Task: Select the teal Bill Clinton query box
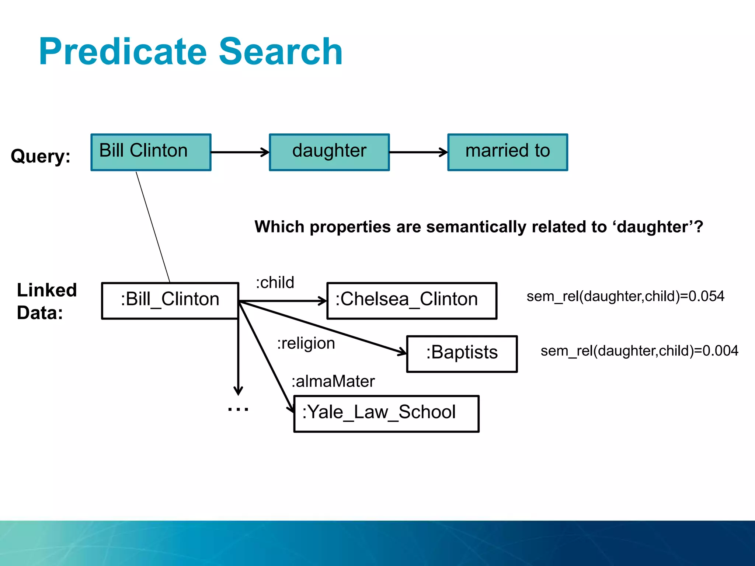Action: pyautogui.click(x=151, y=152)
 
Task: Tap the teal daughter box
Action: pyautogui.click(x=329, y=152)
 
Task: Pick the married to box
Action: pyautogui.click(x=508, y=152)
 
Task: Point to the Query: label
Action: pyautogui.click(x=41, y=156)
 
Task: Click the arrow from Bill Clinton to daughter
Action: pyautogui.click(x=240, y=152)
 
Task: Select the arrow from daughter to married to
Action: pyautogui.click(x=418, y=152)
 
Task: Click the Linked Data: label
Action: pyautogui.click(x=46, y=301)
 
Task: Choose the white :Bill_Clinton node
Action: pyautogui.click(x=170, y=300)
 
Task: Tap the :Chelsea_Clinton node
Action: pyautogui.click(x=412, y=300)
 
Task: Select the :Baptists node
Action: pyautogui.click(x=462, y=353)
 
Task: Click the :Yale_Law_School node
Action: pyautogui.click(x=386, y=413)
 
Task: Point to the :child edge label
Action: pyautogui.click(x=275, y=283)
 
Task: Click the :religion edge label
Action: pyautogui.click(x=306, y=343)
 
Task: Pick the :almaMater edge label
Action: pyautogui.click(x=333, y=381)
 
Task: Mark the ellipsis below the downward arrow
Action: pyautogui.click(x=238, y=409)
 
